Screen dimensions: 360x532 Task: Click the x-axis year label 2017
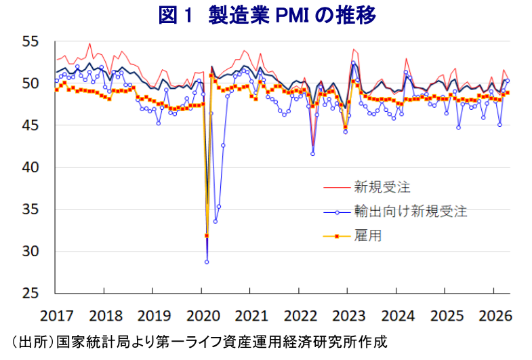pos(56,315)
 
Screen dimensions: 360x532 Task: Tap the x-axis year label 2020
pos(203,315)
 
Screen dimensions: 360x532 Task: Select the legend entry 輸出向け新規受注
pos(410,211)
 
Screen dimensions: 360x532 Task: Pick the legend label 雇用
pos(367,236)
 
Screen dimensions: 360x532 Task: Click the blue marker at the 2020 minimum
pos(207,262)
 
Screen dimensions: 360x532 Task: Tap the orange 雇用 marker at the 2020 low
pos(207,236)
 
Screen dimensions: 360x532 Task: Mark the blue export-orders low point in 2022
pos(312,154)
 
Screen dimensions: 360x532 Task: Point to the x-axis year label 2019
pos(154,315)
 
